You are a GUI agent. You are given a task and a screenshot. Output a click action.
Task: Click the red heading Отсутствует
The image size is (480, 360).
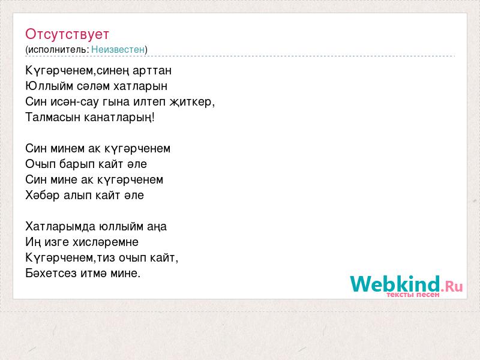click(67, 34)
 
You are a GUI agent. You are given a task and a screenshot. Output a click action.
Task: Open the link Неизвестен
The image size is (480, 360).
click(118, 49)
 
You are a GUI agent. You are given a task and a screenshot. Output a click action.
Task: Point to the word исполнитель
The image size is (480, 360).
click(58, 50)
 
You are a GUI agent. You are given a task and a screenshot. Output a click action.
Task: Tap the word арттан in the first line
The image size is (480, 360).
click(152, 71)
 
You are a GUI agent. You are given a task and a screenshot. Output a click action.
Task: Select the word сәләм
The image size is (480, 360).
click(93, 86)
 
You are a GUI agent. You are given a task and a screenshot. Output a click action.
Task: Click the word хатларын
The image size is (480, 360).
click(140, 86)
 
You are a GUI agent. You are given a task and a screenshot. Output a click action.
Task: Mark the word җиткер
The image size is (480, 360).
click(192, 102)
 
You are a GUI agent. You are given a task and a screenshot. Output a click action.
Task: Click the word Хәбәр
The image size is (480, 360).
click(43, 196)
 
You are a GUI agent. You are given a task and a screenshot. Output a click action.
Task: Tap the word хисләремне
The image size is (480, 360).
click(106, 242)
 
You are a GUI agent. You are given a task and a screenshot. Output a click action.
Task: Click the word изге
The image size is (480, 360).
click(56, 242)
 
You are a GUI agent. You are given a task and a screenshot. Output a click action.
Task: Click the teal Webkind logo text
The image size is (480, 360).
click(395, 283)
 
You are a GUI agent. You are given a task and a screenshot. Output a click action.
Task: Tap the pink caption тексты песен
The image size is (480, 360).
click(413, 295)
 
